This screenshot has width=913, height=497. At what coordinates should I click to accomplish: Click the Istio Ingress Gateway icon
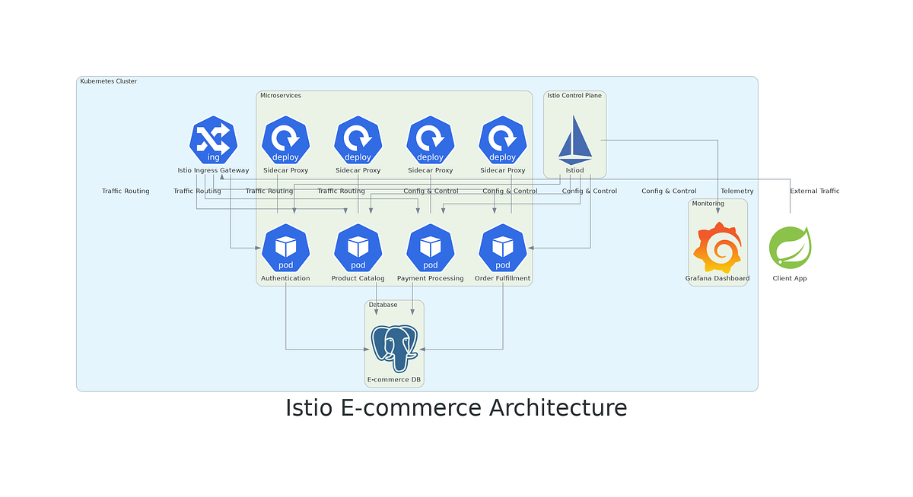[213, 140]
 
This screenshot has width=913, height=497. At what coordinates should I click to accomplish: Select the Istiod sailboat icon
[574, 140]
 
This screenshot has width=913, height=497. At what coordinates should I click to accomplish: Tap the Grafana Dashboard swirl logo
[717, 248]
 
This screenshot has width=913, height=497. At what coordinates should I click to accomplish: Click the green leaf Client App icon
[790, 248]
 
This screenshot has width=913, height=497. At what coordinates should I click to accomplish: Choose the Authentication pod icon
[285, 248]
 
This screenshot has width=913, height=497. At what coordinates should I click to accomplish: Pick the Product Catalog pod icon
[358, 248]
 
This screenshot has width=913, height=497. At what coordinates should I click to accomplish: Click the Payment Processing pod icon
[430, 248]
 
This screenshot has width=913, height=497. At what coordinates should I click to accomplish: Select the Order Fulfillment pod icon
[502, 248]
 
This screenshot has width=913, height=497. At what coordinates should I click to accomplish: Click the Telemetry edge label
[736, 192]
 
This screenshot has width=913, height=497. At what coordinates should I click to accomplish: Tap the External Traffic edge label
[814, 192]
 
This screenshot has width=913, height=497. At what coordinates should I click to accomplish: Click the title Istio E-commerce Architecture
[456, 408]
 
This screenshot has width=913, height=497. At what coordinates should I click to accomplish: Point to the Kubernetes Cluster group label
[108, 81]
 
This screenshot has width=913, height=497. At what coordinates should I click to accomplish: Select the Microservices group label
[281, 96]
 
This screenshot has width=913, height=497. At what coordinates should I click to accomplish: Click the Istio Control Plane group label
[574, 96]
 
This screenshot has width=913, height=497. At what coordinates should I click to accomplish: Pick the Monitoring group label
[708, 204]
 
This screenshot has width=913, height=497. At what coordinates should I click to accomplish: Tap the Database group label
[383, 305]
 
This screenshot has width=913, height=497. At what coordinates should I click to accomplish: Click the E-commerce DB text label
[393, 379]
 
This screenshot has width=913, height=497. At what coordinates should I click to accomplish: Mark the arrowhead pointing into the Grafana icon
[717, 220]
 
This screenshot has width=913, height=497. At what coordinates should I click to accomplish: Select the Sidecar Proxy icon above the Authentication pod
[285, 140]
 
